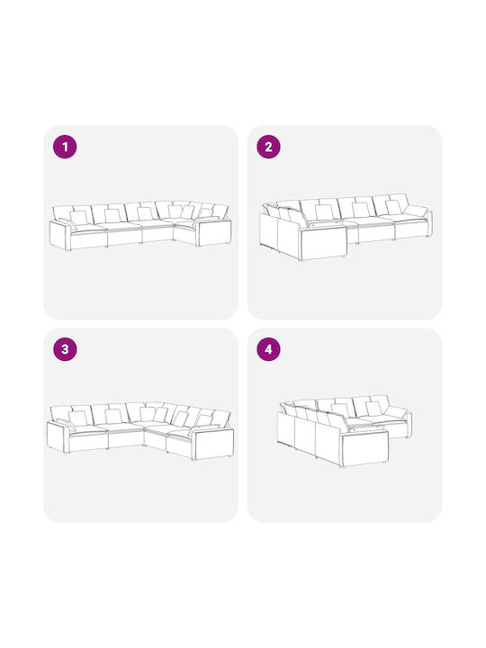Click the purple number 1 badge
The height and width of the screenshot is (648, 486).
[x=65, y=147]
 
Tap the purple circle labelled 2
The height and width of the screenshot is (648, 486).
[x=268, y=147]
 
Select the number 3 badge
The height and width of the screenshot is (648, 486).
[x=65, y=349]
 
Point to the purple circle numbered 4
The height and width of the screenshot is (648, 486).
[x=268, y=349]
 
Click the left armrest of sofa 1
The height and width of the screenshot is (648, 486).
[x=58, y=235]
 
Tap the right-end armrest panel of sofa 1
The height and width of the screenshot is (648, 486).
[x=213, y=233]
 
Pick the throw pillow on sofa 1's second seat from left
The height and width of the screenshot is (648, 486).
[x=112, y=216]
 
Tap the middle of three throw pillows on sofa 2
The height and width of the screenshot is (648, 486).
[x=361, y=210]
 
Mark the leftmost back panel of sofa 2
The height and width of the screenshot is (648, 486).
[x=268, y=230]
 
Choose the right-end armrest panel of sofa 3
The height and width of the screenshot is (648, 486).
[x=213, y=444]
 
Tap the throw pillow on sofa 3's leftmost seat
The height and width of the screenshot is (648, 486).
[x=78, y=418]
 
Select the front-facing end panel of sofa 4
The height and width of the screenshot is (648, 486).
[x=364, y=447]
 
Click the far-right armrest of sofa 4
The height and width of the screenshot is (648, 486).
[x=409, y=424]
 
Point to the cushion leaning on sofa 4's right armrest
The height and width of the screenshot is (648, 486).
[x=396, y=412]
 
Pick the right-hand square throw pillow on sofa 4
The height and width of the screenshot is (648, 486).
[x=373, y=409]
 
